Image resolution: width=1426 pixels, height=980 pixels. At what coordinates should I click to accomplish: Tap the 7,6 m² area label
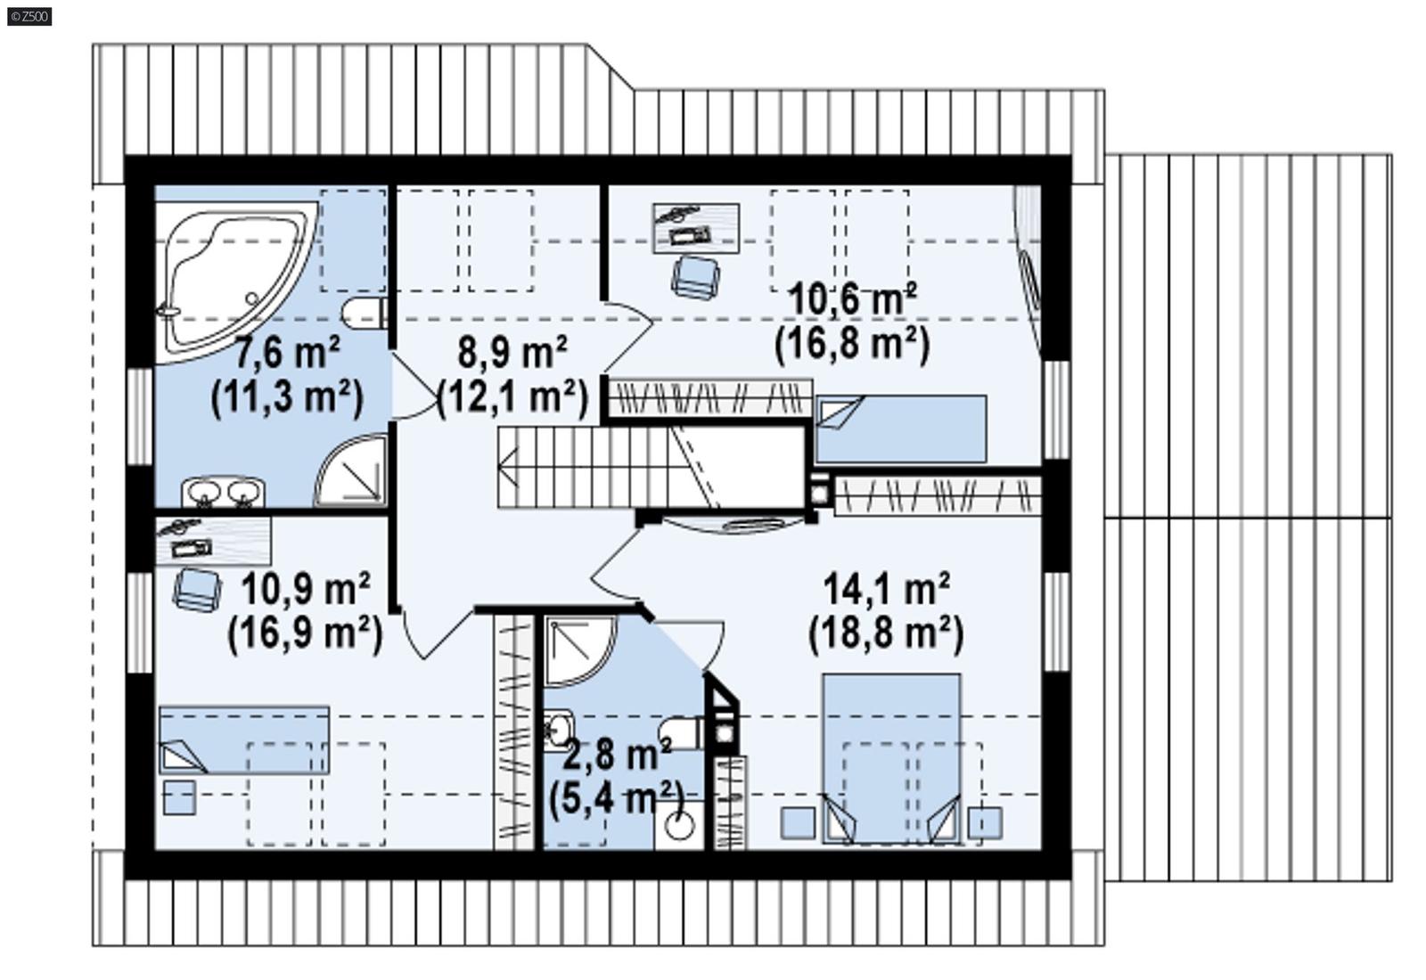coord(287,354)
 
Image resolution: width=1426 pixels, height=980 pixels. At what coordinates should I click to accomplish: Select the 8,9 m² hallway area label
coord(512,354)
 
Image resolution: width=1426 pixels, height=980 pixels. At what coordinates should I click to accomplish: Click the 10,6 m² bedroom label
coord(853,300)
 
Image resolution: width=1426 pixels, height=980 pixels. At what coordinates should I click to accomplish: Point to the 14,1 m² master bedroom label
coord(886,590)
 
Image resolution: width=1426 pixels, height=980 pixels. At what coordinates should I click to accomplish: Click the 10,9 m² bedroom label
coord(306,590)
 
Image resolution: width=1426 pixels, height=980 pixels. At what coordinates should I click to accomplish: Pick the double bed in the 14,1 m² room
coord(891,757)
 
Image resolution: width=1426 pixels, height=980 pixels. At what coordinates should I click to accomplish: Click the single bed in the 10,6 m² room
coord(900,429)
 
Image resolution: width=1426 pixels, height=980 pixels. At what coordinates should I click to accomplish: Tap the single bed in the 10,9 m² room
coord(243,740)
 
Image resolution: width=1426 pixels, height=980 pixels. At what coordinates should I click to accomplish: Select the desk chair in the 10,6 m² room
coord(695,276)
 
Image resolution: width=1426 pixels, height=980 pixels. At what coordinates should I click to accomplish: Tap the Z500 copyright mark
coord(29,16)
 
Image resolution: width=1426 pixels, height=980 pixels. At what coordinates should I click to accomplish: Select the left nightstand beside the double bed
coord(798,822)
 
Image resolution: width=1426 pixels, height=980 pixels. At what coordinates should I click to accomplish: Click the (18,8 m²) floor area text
coord(886,634)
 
